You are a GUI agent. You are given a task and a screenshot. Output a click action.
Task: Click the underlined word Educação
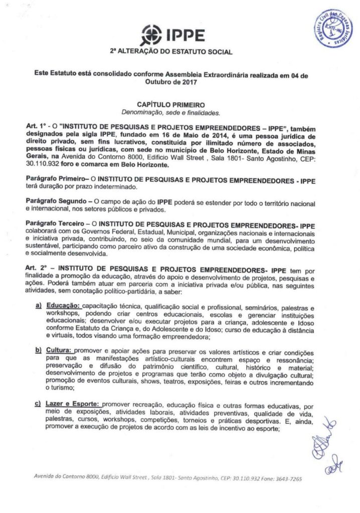[63, 305]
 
